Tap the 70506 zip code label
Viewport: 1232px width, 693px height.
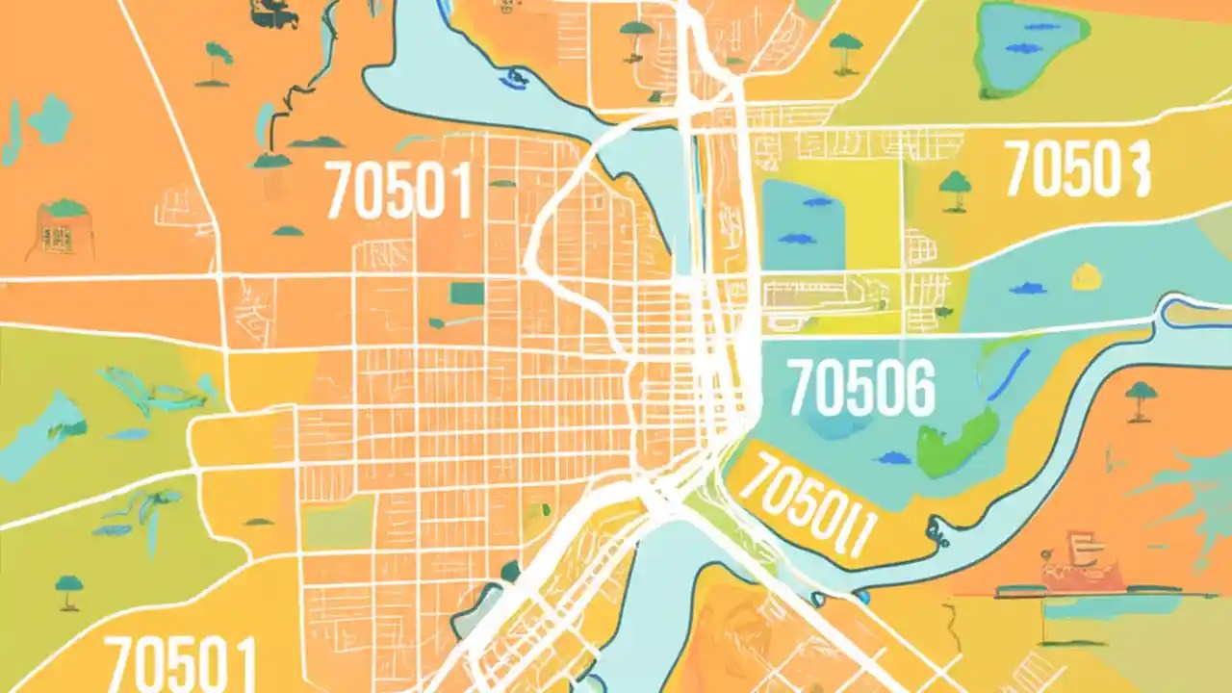[x=860, y=387]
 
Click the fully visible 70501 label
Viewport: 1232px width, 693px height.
[x=398, y=190]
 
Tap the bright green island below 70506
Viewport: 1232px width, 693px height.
[x=957, y=441]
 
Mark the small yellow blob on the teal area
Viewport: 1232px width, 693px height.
[x=1087, y=276]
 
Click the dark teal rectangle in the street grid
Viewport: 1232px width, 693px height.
[x=469, y=293]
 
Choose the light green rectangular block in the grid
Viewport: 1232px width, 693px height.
[x=337, y=525]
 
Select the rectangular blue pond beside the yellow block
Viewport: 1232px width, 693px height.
[x=805, y=224]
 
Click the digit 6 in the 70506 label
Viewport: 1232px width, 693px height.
[x=914, y=387]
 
